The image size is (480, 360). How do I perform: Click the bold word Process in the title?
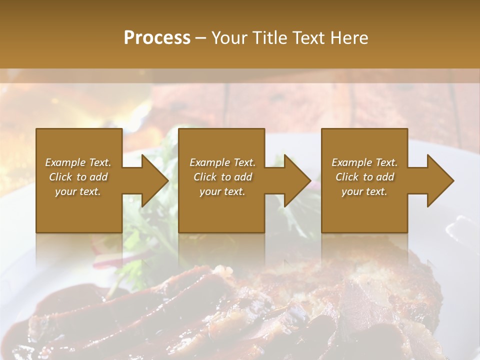point(157,38)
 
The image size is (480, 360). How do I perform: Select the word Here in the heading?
point(349,38)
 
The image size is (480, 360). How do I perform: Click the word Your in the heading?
point(230,38)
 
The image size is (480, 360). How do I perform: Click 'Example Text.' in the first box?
point(78,162)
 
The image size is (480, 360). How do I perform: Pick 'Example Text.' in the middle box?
point(222,162)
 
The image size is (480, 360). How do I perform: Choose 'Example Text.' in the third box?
point(364,162)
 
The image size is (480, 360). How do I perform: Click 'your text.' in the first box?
point(78,191)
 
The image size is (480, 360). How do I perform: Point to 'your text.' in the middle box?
point(222,191)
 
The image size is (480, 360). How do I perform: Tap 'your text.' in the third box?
point(364,191)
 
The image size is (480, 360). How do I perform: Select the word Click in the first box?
point(60,177)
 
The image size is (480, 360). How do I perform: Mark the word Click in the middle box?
point(205,177)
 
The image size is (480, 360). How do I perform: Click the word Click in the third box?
point(347,177)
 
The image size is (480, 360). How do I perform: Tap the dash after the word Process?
point(200,38)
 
